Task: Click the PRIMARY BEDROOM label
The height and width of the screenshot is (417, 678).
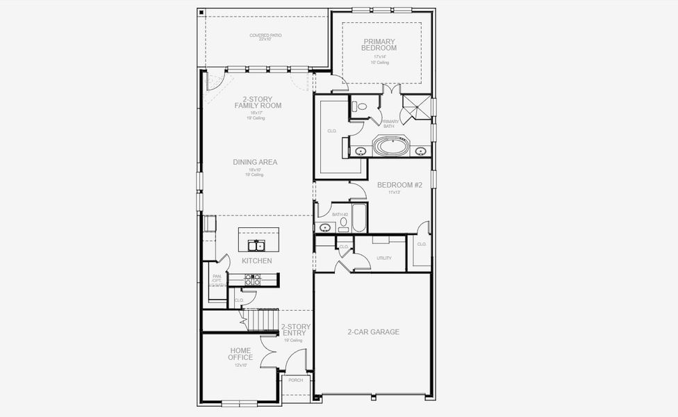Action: pyautogui.click(x=380, y=44)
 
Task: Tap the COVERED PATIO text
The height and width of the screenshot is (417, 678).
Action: pyautogui.click(x=265, y=37)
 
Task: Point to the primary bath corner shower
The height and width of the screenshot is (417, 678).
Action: pyautogui.click(x=416, y=107)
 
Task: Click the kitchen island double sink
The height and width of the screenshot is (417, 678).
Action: pyautogui.click(x=256, y=245)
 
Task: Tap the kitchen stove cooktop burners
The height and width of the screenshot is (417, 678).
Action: pyautogui.click(x=253, y=279)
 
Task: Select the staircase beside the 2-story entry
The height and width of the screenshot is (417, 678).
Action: pyautogui.click(x=263, y=320)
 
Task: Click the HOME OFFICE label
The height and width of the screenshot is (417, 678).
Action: pyautogui.click(x=240, y=354)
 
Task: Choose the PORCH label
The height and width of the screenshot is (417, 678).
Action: pyautogui.click(x=296, y=380)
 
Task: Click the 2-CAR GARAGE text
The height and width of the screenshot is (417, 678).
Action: pyautogui.click(x=373, y=332)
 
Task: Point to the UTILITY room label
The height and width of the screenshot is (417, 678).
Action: pyautogui.click(x=384, y=258)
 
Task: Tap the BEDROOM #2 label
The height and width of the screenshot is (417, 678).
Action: pyautogui.click(x=395, y=185)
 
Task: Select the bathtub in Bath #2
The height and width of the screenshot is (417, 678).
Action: pyautogui.click(x=359, y=218)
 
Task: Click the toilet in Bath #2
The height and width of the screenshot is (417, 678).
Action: pyautogui.click(x=343, y=222)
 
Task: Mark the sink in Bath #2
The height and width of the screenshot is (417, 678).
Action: pyautogui.click(x=324, y=227)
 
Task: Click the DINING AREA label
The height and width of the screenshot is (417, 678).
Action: pyautogui.click(x=255, y=162)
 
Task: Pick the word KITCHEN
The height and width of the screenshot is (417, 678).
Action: pyautogui.click(x=256, y=261)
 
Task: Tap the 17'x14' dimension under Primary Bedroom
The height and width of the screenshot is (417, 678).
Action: pyautogui.click(x=380, y=56)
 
